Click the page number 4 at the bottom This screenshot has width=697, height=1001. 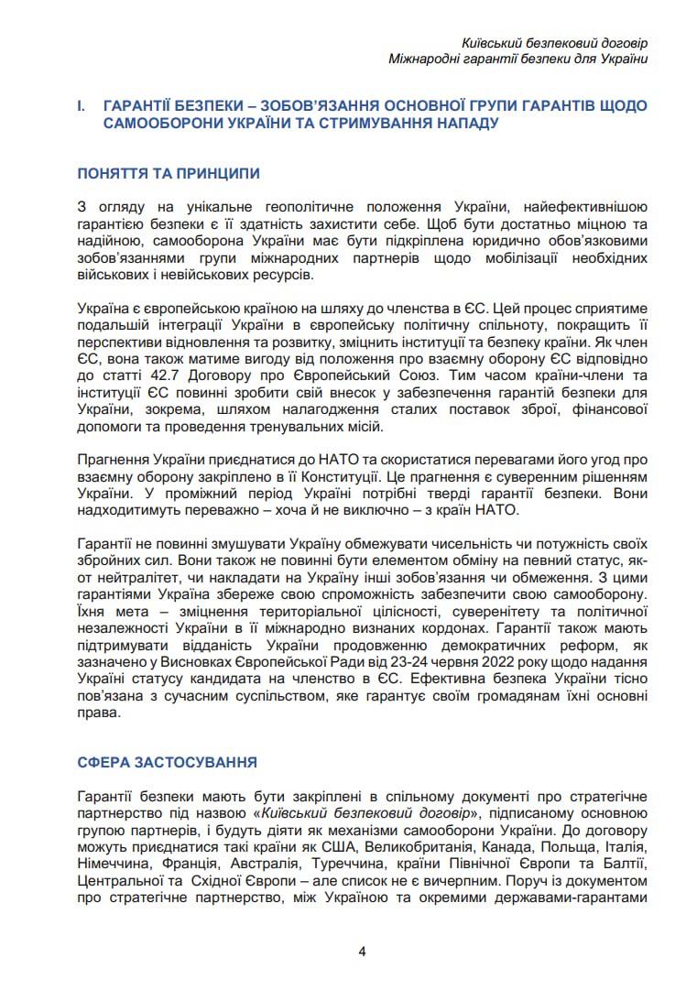tap(362, 951)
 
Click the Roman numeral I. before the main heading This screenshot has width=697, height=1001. tap(82, 106)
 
